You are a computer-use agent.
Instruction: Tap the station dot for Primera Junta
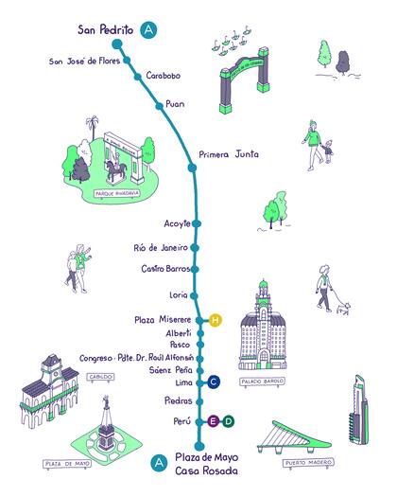tap(193, 168)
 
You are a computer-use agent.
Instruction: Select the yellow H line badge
tap(216, 320)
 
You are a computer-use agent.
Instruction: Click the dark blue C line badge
tap(215, 382)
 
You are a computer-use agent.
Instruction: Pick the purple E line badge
tap(214, 420)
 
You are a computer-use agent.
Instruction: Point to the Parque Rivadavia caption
tap(118, 194)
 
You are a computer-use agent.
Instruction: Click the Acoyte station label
tap(177, 223)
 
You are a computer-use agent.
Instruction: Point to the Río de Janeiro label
tap(162, 247)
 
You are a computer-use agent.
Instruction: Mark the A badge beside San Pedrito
tap(148, 30)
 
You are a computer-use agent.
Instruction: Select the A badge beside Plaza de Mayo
tap(158, 463)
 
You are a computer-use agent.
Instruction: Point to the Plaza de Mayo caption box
tap(68, 465)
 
